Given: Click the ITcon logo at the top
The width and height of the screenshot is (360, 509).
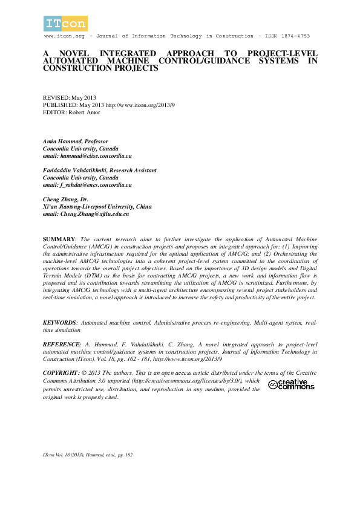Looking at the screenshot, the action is (65, 24).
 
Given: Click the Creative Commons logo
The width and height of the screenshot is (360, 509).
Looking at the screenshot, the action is (288, 384).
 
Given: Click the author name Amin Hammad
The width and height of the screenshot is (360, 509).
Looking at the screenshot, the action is (62, 141).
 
